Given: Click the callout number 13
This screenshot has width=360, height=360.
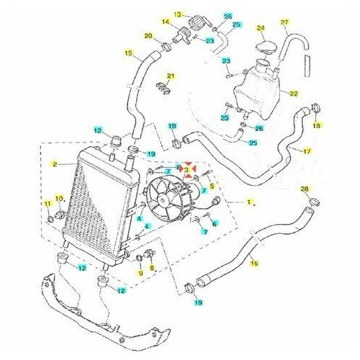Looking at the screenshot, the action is point(179,14).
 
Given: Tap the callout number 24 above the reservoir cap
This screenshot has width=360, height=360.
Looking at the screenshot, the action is point(261,28).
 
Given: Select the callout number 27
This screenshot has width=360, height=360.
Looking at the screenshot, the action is point(284,22).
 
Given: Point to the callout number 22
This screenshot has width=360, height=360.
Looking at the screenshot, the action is point(294,94).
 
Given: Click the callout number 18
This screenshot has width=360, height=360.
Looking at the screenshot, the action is point(317,125).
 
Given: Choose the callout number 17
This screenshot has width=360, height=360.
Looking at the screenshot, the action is point(307,151).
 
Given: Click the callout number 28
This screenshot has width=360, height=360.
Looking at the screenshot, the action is point(305,189).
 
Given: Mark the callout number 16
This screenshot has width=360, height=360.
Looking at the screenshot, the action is point(254,264).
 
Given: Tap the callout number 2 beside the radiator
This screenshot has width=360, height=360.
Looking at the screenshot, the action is point(55,164).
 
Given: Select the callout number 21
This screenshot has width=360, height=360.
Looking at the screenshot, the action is point(171,76).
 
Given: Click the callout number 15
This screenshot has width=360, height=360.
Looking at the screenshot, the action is point(129,53).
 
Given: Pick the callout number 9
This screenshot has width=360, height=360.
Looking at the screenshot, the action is point(140,273).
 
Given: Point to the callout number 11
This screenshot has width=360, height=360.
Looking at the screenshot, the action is point(48,204).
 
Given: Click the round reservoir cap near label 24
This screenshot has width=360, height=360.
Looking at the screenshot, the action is point(265,46).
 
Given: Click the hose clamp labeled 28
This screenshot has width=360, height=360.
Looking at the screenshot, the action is point(313,202).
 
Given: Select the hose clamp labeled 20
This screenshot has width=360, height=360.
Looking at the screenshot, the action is point(166,47).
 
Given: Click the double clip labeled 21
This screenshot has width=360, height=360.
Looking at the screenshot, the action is point(164,88).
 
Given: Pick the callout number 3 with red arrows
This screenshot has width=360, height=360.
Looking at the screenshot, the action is point(186,170).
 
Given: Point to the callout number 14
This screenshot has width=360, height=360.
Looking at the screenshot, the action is point(166,22).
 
